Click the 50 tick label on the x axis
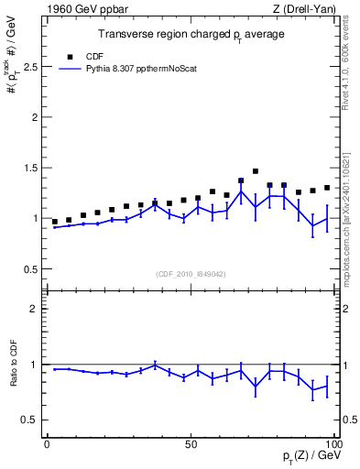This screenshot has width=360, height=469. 191,444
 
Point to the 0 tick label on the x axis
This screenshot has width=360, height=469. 47,444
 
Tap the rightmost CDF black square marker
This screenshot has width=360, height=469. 327,188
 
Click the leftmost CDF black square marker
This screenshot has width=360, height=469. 55,222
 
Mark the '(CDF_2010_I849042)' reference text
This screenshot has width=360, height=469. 191,274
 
